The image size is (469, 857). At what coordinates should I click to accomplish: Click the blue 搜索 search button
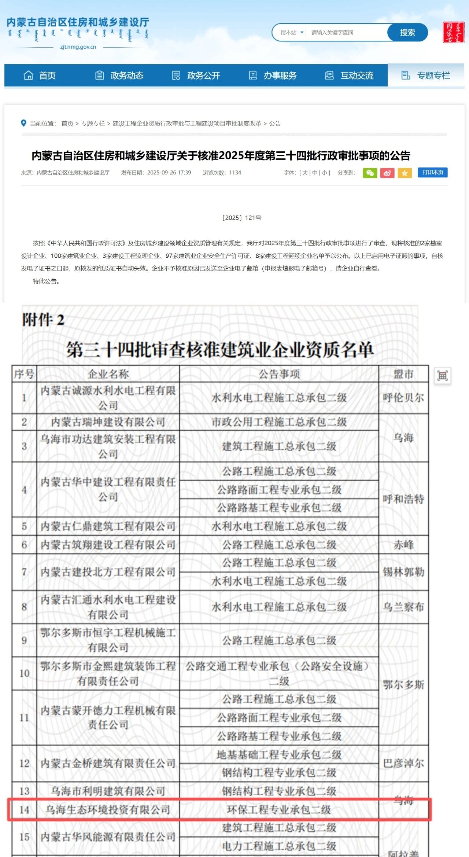(407, 33)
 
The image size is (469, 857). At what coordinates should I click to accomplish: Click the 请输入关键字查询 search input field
(346, 33)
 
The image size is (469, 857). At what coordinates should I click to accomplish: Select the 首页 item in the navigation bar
(40, 76)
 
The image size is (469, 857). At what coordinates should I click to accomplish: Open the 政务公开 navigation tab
(196, 76)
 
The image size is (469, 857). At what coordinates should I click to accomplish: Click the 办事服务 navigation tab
(273, 76)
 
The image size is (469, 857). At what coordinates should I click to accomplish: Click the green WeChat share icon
(370, 173)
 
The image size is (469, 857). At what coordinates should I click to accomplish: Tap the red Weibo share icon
(387, 173)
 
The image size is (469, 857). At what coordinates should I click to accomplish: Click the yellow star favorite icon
(405, 173)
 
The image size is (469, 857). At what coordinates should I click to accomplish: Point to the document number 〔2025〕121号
(242, 218)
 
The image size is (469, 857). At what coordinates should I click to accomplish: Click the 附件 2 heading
(43, 320)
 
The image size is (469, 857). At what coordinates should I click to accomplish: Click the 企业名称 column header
(108, 374)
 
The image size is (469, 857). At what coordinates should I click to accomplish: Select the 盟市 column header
(403, 374)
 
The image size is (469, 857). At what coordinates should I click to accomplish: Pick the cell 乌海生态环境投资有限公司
(108, 810)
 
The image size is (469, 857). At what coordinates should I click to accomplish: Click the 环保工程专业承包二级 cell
(279, 810)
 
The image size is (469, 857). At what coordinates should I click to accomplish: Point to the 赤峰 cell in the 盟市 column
(403, 545)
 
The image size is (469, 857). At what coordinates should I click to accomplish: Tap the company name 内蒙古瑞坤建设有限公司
(108, 422)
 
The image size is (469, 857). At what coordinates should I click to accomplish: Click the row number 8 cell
(24, 607)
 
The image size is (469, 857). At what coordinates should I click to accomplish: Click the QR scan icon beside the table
(443, 376)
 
